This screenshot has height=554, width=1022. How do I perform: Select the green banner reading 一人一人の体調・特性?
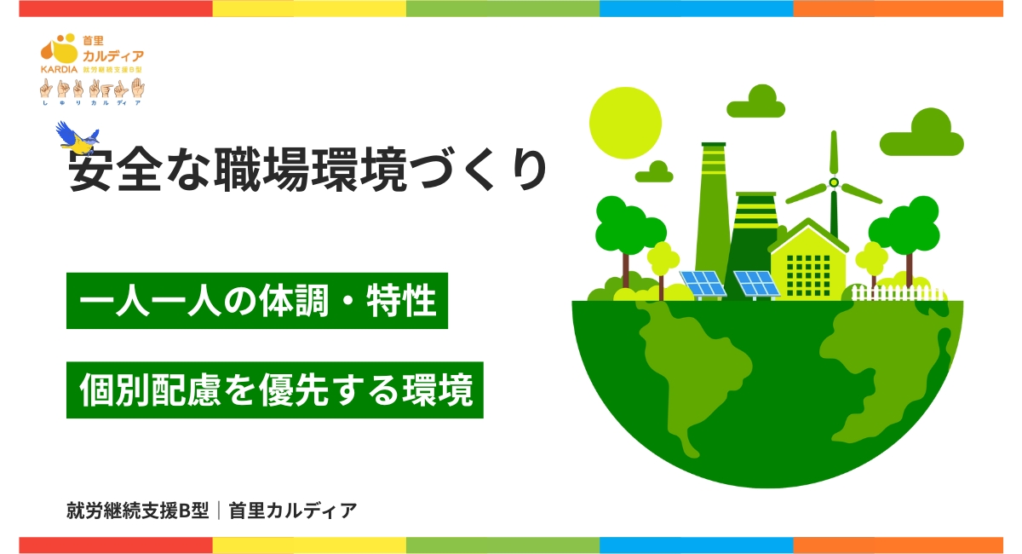pyautogui.click(x=256, y=302)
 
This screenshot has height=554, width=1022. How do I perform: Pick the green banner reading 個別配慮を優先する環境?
pyautogui.click(x=274, y=391)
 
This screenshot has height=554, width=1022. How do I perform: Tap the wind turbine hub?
pyautogui.click(x=834, y=182)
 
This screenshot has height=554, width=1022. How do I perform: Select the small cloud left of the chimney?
pyautogui.click(x=654, y=172)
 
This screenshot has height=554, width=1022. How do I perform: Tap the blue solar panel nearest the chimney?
pyautogui.click(x=702, y=281)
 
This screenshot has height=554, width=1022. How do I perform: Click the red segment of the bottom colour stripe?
pyautogui.click(x=115, y=545)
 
